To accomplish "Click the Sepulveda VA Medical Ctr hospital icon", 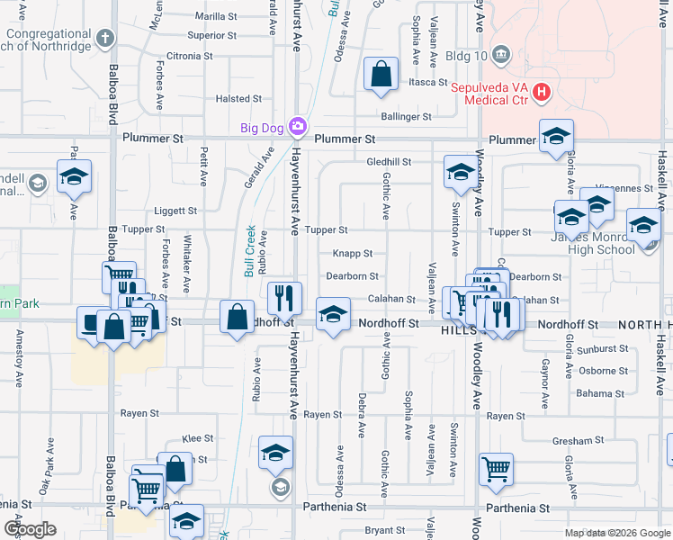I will point(541,92).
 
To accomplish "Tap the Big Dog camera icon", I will point(296,127).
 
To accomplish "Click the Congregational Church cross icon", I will point(106,38).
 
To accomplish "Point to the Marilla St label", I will point(215,16).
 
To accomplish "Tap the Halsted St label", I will point(238,99).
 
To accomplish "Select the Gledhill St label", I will point(389,162).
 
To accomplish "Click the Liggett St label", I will point(175,211).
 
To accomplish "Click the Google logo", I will point(31,529).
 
